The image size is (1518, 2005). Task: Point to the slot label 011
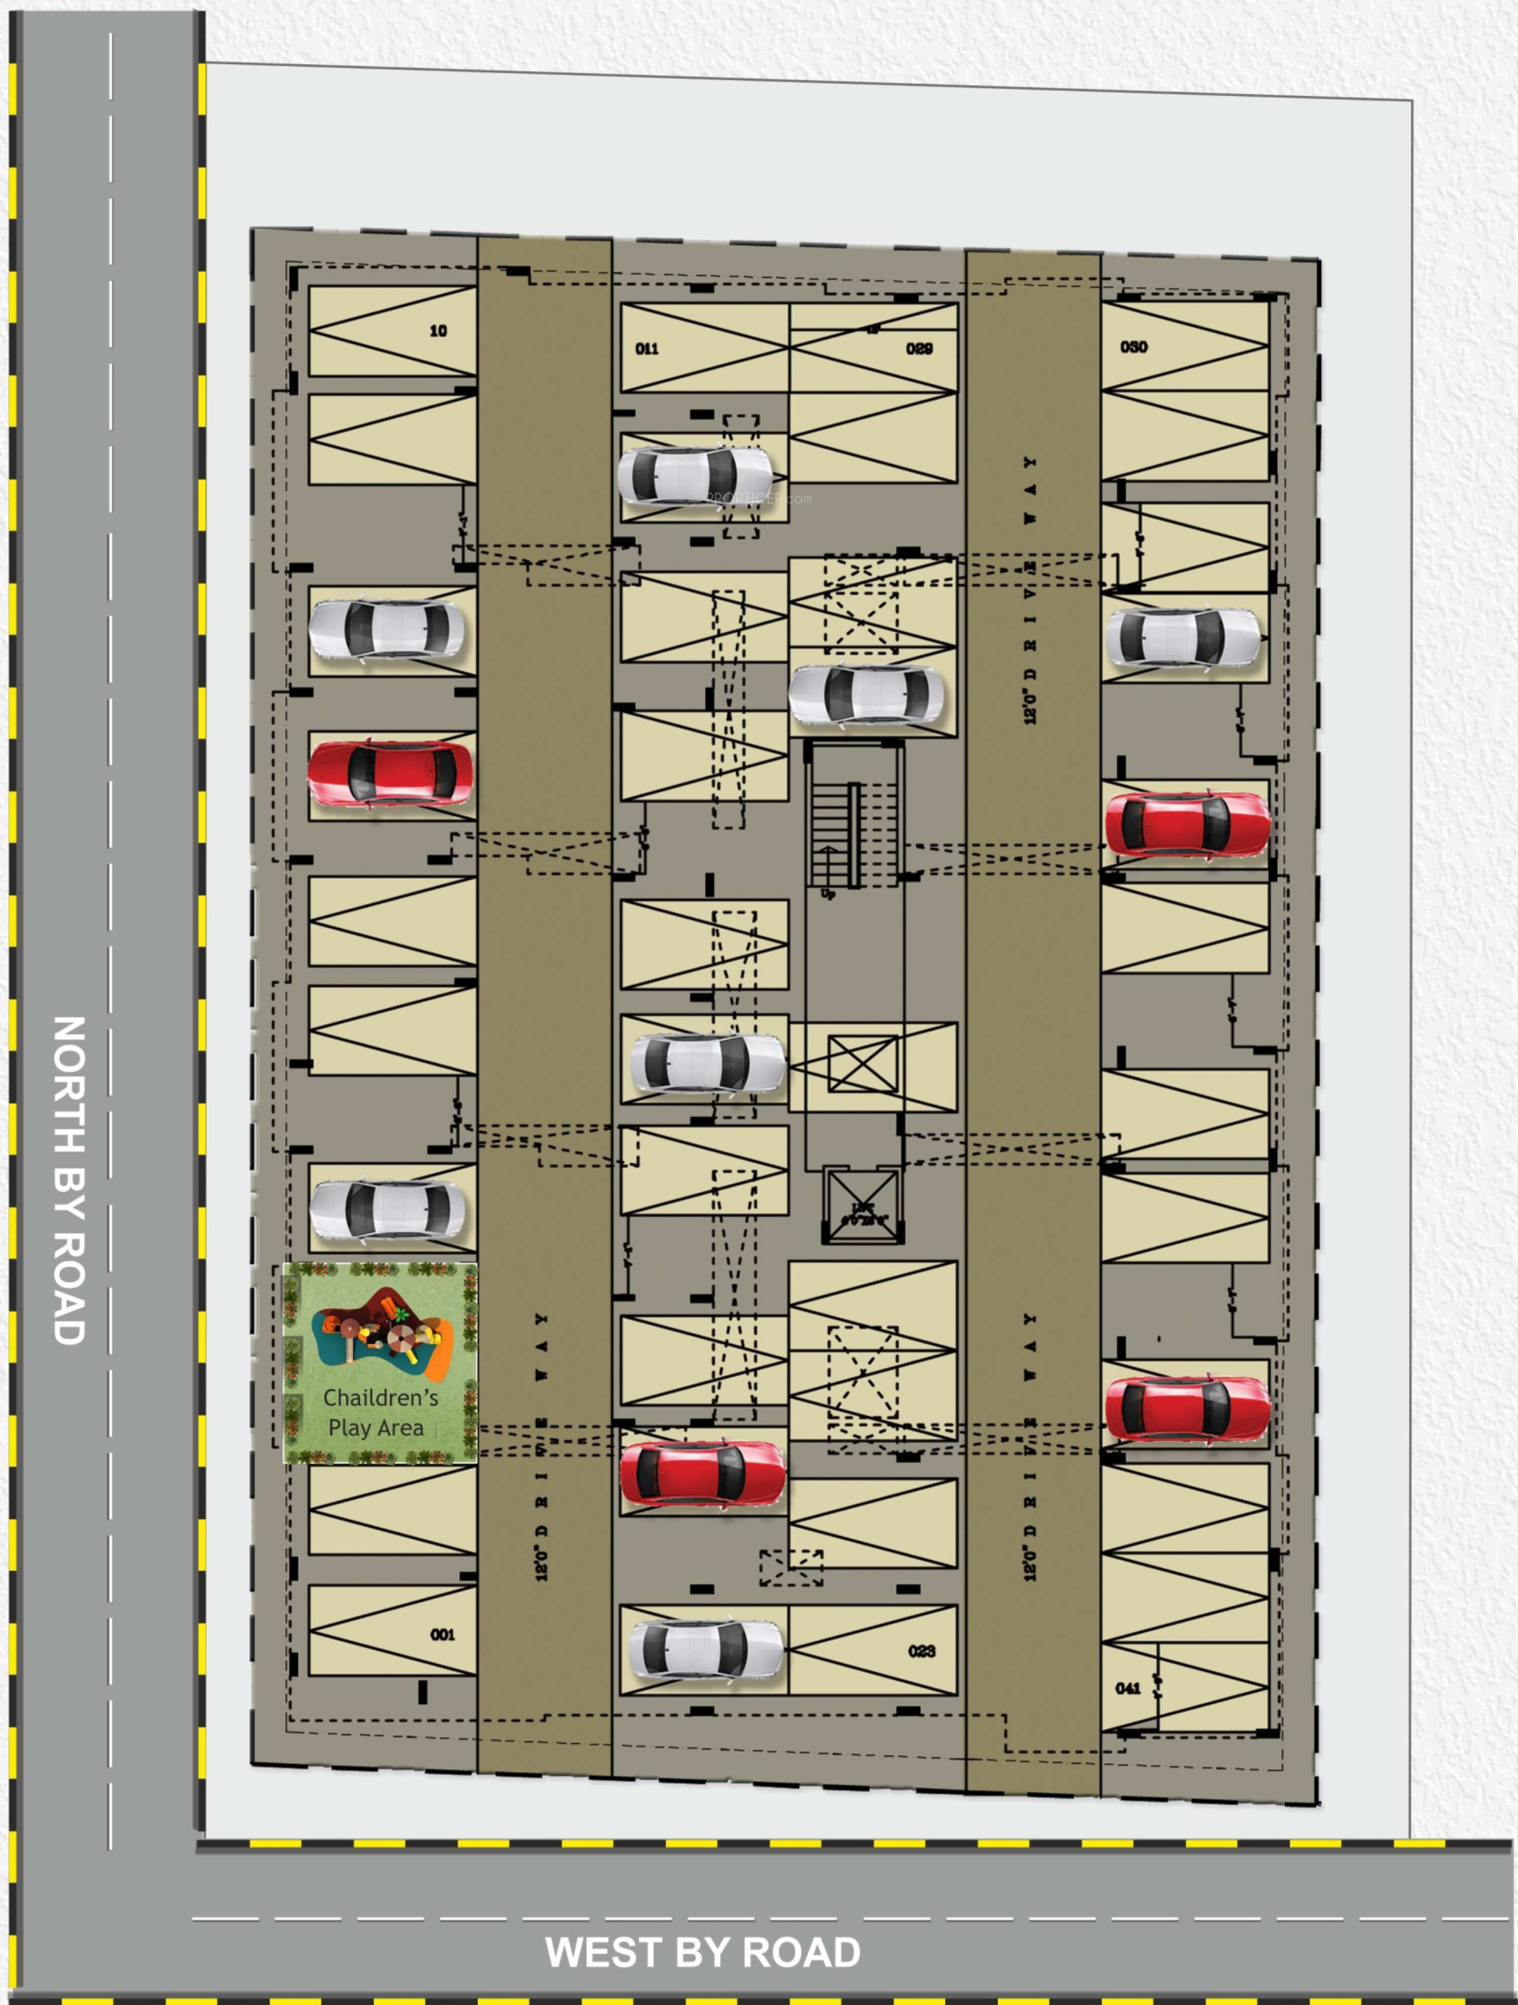[647, 349]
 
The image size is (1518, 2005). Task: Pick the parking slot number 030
[1134, 347]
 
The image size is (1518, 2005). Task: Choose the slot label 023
[922, 1651]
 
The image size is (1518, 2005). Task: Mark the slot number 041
[1129, 1688]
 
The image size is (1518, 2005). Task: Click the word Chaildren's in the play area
[381, 1398]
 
